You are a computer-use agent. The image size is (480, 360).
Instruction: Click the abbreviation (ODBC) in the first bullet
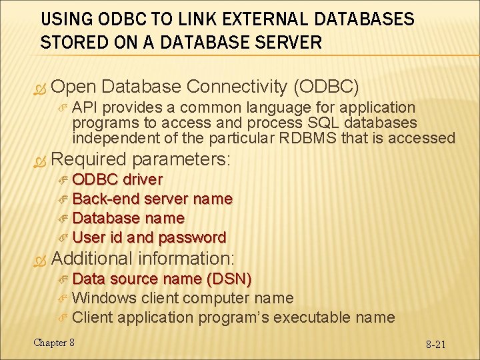click(x=327, y=87)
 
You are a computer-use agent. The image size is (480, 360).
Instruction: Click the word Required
click(x=89, y=159)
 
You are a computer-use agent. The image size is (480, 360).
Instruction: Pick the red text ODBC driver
click(x=117, y=179)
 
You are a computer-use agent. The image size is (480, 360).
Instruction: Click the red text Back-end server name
click(x=152, y=199)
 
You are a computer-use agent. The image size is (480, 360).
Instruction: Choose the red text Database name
click(x=128, y=218)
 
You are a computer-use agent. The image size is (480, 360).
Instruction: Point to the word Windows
click(x=105, y=298)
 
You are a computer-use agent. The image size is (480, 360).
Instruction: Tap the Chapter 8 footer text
click(x=54, y=343)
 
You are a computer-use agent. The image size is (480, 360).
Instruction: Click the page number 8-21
click(x=436, y=345)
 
